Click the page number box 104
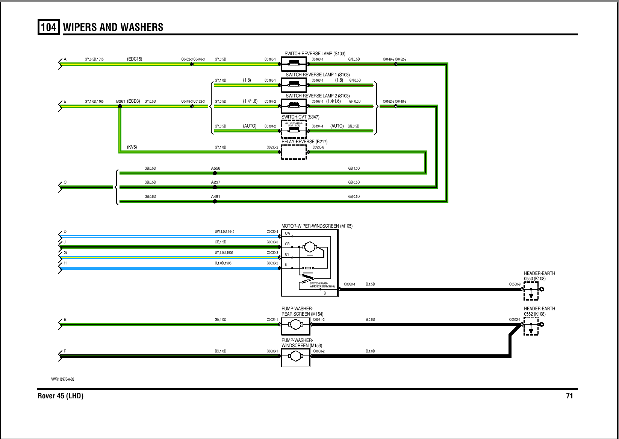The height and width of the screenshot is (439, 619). tap(48, 27)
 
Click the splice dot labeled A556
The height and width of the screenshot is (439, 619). tap(215, 173)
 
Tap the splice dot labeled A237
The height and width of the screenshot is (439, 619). tap(215, 187)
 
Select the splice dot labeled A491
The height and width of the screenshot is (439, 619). tap(215, 201)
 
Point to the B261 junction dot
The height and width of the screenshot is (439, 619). tap(120, 106)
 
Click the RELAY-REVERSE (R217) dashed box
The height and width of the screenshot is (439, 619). tap(294, 152)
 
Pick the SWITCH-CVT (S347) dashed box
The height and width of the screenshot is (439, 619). tap(294, 129)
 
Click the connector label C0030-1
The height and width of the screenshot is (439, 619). tap(350, 284)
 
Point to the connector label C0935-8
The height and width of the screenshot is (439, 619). tap(318, 147)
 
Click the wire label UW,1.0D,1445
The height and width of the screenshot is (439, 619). tap(224, 232)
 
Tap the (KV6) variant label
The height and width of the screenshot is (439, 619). tap(132, 147)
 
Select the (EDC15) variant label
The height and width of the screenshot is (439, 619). tap(135, 59)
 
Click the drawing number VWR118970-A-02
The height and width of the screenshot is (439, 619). tap(63, 379)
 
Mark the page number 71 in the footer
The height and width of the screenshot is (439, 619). tap(569, 396)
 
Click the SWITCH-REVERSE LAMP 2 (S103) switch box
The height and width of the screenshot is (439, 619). tap(294, 106)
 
